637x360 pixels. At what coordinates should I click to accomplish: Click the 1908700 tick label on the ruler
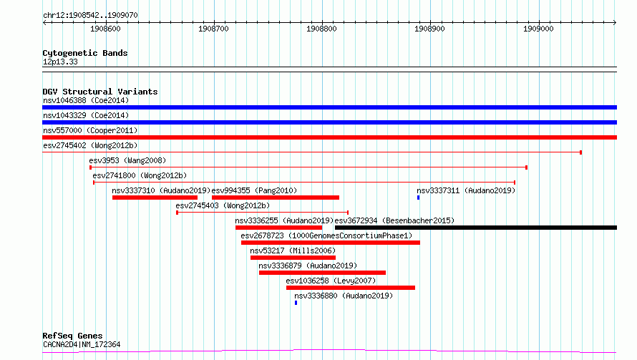[213, 29]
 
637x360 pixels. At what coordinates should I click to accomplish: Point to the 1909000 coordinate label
[538, 29]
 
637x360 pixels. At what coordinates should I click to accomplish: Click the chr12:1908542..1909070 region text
[90, 16]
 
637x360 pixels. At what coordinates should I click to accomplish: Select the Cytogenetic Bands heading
[85, 53]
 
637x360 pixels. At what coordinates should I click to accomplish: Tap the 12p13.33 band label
[60, 62]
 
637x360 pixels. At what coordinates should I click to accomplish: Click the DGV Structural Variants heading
[100, 92]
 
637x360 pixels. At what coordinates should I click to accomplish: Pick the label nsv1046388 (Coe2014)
[86, 100]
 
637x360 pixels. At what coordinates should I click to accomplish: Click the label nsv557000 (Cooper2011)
[90, 130]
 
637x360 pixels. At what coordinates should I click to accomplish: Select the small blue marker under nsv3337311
[419, 198]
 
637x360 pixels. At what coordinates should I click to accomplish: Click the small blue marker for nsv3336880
[296, 303]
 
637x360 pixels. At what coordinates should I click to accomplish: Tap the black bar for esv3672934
[476, 228]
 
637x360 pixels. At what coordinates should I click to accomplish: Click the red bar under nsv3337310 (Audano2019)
[155, 198]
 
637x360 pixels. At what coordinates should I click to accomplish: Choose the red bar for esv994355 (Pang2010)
[276, 198]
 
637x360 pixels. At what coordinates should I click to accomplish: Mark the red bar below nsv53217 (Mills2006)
[293, 258]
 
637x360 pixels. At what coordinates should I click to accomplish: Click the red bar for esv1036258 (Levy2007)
[351, 288]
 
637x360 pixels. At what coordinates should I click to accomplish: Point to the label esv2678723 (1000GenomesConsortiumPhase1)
[326, 235]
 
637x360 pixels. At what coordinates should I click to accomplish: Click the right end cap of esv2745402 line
[581, 152]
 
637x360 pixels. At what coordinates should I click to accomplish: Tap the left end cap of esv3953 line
[90, 167]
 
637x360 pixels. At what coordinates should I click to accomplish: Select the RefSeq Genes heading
[72, 336]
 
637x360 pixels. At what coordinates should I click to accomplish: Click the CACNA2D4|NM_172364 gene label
[82, 344]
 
